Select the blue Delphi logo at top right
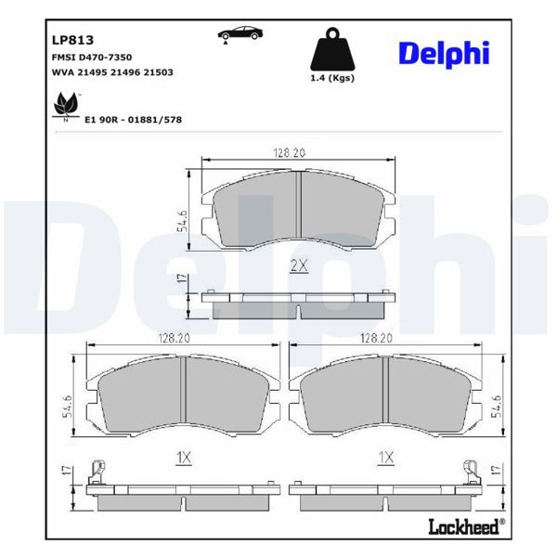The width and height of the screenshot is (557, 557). pos(443,53)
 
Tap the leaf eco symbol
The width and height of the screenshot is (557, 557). pos(65,105)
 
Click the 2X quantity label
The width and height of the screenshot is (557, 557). pos(298,266)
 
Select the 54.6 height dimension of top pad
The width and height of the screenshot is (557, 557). pos(183,221)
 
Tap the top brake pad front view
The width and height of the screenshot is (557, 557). pos(298,213)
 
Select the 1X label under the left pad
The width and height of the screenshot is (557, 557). pos(183,457)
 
